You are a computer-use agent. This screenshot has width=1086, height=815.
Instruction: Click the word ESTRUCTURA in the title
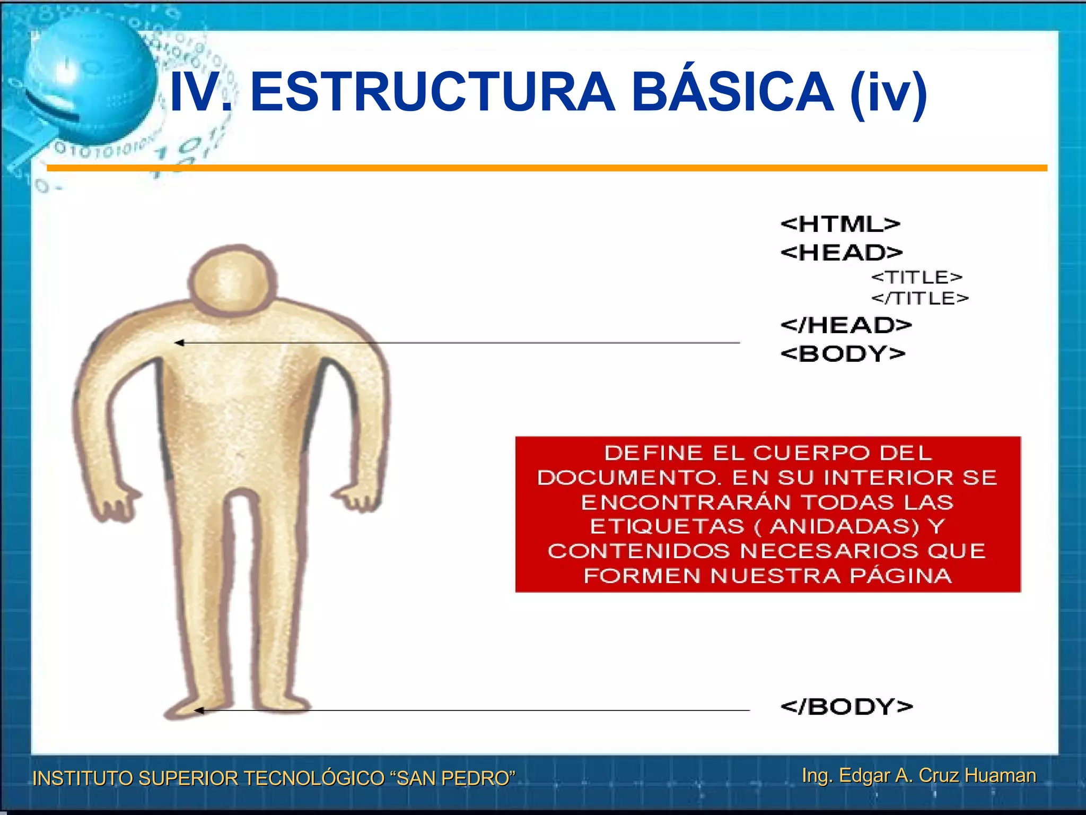tap(432, 92)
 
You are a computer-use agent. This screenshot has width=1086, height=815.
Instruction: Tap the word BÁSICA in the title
tap(732, 92)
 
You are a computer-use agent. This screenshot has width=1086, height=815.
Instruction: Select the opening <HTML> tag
tap(840, 224)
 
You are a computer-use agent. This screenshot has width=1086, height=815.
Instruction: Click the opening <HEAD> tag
tap(842, 252)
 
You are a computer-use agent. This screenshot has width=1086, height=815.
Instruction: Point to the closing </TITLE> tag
tap(920, 298)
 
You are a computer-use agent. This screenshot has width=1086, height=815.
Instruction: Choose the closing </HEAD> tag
tap(846, 325)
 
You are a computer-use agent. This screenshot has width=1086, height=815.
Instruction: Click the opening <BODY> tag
tap(843, 353)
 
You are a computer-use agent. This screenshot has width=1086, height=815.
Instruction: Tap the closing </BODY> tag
tap(847, 706)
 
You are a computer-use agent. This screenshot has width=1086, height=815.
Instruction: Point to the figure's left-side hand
tap(114, 504)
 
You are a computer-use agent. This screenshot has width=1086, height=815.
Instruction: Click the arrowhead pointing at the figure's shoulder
tap(179, 343)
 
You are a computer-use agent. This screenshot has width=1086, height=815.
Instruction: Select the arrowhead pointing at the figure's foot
tap(199, 710)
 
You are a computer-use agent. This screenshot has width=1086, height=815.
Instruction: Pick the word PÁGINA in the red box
tap(901, 576)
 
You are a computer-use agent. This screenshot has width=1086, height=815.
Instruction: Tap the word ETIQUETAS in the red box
tap(667, 526)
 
